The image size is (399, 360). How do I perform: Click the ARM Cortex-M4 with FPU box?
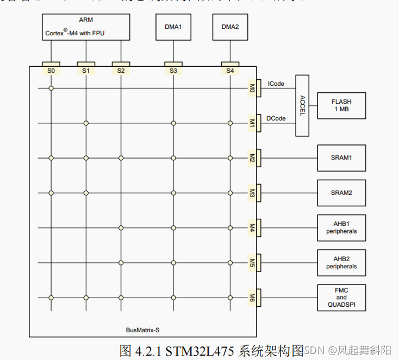pos(86,27)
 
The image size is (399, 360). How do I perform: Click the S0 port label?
pos(51,71)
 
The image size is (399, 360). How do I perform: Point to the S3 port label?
pos(173,71)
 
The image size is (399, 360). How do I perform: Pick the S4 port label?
pos(230,71)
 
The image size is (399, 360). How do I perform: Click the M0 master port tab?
pos(253,88)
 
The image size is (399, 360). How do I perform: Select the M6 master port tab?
pos(253,298)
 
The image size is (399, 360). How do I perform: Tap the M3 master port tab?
pos(253,193)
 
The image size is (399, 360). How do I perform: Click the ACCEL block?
pos(302,105)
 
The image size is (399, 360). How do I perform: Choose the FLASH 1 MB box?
pos(341,105)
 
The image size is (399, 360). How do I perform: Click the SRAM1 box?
pos(341,158)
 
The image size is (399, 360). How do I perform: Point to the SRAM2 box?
pos(341,193)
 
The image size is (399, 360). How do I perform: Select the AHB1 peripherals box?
pos(341,228)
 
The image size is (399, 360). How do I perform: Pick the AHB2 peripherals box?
pos(341,263)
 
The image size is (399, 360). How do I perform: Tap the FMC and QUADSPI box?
pos(341,298)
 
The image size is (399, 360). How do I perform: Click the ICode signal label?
pos(277,83)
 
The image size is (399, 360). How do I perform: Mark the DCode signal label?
pos(277,118)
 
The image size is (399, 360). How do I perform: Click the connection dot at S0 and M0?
pos(51,88)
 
